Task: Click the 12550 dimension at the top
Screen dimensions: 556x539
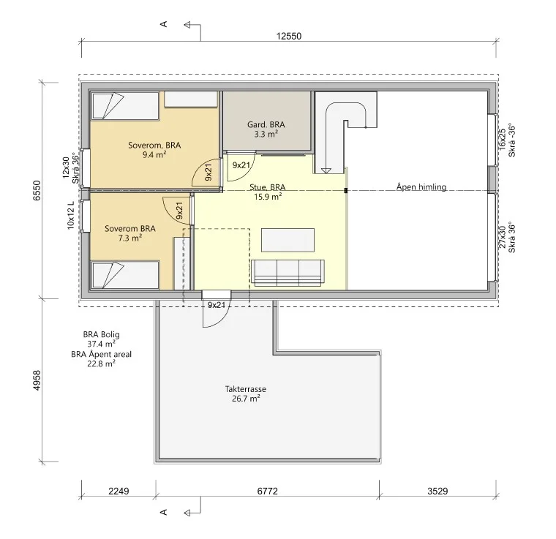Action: coord(289,36)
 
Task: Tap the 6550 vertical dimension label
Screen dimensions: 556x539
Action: coord(37,191)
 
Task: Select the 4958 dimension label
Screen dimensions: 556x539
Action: coord(37,380)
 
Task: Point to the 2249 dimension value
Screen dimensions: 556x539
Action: coord(119,491)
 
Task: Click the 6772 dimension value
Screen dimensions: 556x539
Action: coord(267,491)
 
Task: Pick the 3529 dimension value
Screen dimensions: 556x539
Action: coord(437,491)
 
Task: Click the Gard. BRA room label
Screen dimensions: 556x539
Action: coord(266,125)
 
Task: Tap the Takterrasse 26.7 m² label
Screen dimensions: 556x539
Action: coord(246,393)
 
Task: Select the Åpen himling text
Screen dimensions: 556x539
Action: coord(421,186)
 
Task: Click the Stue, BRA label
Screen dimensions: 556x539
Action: coord(267,187)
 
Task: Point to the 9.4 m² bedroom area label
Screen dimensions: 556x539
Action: coord(154,154)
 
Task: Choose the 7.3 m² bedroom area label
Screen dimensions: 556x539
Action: coord(130,238)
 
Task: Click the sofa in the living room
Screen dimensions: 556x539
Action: coord(288,273)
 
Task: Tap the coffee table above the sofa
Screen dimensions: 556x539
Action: coord(288,241)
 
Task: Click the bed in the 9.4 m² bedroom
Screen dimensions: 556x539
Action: coord(126,105)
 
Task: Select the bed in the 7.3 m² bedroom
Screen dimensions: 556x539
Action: coord(126,275)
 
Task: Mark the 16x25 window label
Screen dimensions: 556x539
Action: coord(502,139)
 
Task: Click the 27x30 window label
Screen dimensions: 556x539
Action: coord(502,237)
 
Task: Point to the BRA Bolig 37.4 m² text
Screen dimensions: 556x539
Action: coord(102,339)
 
